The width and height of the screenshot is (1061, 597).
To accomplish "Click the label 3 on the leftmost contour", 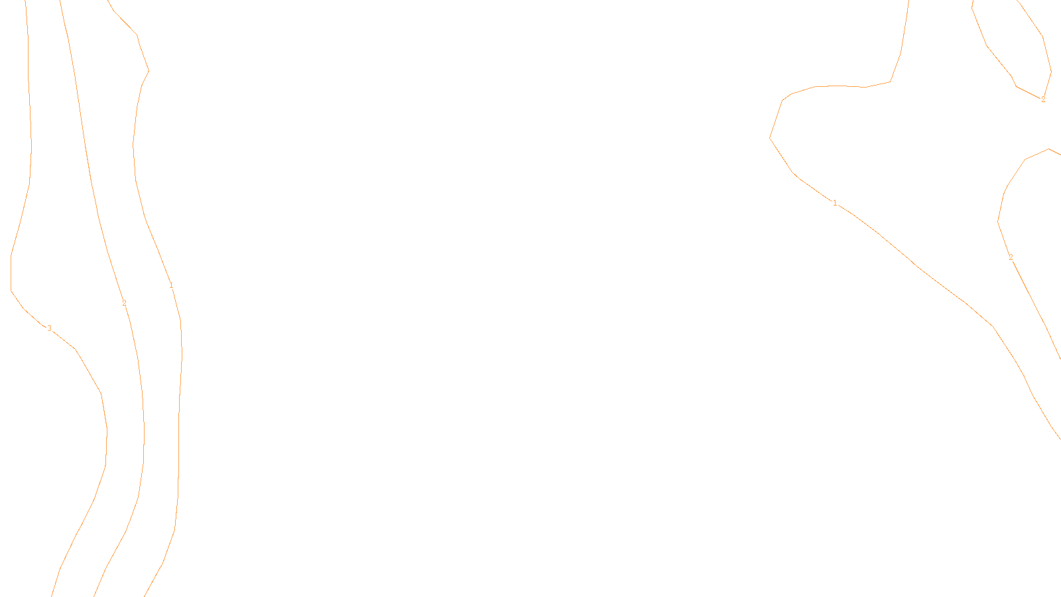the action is click(49, 328).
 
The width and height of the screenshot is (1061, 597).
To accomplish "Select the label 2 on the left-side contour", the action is click(124, 303).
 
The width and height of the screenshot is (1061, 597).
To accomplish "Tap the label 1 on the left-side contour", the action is click(171, 285).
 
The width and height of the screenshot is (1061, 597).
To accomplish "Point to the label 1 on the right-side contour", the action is click(835, 203).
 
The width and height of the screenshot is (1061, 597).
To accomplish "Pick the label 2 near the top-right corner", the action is click(1043, 99).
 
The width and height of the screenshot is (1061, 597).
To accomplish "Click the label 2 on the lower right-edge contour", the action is click(1011, 257).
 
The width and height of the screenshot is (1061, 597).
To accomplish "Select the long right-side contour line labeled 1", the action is click(915, 265).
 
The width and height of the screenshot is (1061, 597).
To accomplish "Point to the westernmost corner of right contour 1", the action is click(770, 138).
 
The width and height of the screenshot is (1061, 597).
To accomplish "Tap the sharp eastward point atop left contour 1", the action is click(149, 70).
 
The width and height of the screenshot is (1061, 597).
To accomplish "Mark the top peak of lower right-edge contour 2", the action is click(1048, 149).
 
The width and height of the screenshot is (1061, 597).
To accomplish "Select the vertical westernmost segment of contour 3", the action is click(11, 272).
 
